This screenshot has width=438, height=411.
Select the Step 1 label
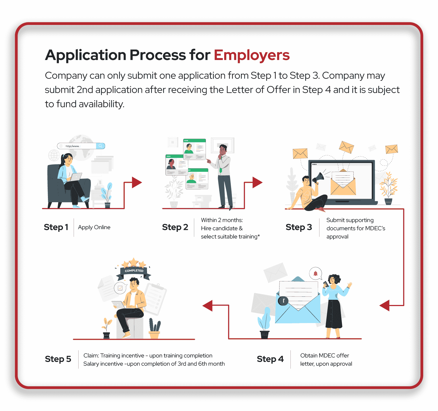56,227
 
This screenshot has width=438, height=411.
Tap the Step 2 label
175,227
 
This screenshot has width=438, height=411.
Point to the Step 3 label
299,227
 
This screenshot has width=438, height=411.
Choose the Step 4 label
270,359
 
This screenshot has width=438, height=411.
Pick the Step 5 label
58,359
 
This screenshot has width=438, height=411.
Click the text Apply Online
94,227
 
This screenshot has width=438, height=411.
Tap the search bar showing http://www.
81,146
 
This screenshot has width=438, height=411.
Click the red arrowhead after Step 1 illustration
137,182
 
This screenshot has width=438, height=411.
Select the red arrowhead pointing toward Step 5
208,306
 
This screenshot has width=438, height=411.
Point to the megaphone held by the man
318,178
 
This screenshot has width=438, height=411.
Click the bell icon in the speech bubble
315,273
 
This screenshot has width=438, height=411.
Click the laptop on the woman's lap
76,177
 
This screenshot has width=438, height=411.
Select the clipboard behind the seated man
155,299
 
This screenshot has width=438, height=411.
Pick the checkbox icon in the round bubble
120,288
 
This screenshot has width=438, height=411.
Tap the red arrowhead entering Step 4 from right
385,306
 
